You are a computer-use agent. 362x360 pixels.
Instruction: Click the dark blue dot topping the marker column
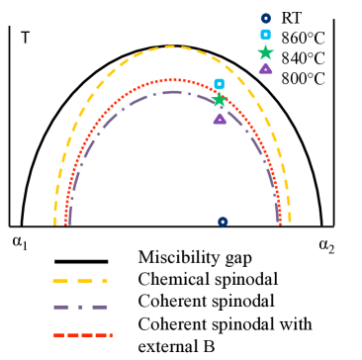coord(265,19)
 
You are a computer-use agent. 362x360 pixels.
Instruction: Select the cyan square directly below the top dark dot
coord(265,35)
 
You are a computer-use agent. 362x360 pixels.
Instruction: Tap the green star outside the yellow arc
coord(265,52)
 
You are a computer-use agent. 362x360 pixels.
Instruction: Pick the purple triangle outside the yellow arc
coord(265,68)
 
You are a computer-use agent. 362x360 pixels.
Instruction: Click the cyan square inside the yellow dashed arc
coord(220,84)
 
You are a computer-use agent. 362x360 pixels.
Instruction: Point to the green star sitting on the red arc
coord(220,100)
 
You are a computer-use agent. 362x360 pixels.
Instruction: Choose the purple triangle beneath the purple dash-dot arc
coord(220,119)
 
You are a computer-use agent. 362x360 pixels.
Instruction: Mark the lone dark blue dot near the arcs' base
coord(223,222)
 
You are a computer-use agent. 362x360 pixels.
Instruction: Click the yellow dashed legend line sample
coord(80,281)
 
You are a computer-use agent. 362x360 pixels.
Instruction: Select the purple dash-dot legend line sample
coord(80,308)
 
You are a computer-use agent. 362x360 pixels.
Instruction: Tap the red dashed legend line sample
coord(83,335)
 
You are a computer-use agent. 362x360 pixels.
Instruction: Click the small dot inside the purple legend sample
coord(80,308)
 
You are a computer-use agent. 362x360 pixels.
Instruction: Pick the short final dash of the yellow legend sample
coord(105,281)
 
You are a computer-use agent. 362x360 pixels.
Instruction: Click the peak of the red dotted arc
coord(172,80)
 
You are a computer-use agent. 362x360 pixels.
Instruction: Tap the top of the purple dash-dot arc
coord(172,92)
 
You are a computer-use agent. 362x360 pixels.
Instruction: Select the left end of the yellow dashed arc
coord(55,223)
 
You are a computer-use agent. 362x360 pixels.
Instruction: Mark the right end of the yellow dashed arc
coord(289,223)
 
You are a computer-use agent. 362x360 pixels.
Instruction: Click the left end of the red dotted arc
coord(65,224)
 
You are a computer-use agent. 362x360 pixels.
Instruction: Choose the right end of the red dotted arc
coord(280,224)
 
